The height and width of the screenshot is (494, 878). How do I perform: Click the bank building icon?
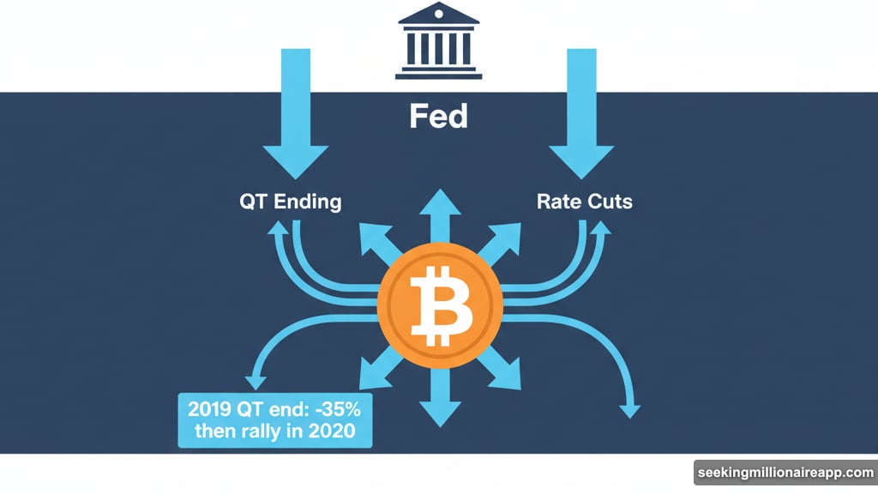[x=438, y=42]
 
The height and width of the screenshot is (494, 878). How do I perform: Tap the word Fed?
[x=438, y=116]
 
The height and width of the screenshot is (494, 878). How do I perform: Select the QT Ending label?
[x=290, y=202]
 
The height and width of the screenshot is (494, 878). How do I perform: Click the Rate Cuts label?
[x=585, y=202]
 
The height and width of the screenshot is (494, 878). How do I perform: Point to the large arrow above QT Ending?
[x=294, y=111]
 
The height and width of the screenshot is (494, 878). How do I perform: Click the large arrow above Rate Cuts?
[x=581, y=111]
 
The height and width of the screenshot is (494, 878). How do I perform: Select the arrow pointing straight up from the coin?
[x=438, y=210]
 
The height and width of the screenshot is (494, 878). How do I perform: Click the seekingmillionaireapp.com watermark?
[x=785, y=473]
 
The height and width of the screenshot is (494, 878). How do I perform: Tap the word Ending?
[x=307, y=202]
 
